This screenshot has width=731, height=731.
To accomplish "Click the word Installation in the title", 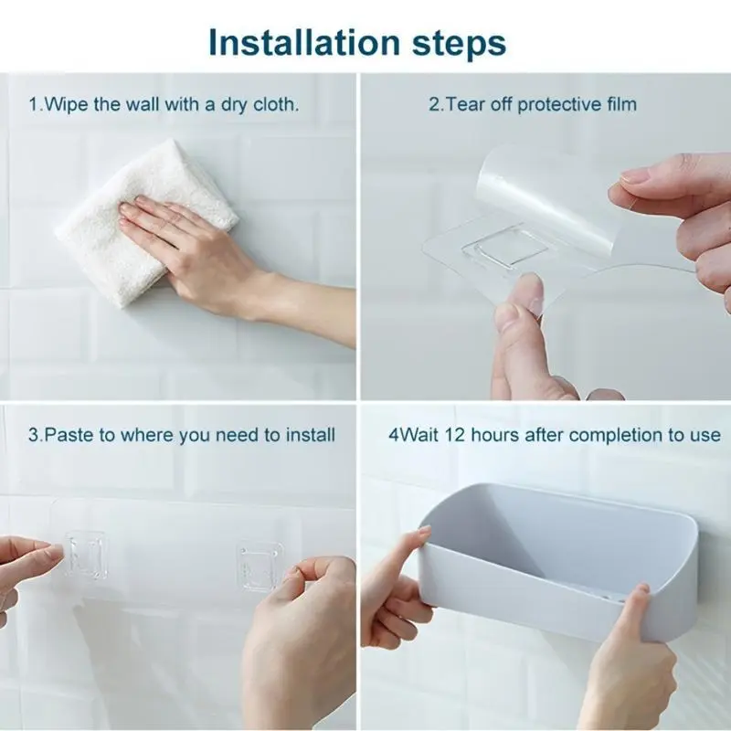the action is (304, 42).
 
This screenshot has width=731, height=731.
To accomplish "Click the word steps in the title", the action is (460, 45).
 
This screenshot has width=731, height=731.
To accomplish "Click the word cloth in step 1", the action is (276, 104).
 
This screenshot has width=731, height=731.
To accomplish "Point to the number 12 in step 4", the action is (454, 435).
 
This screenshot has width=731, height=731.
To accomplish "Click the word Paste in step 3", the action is (69, 435).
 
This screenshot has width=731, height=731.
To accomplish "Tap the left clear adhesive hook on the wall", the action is (84, 555).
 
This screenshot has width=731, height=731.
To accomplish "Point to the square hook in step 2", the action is (506, 246).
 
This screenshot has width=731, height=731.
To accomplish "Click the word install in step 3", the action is (311, 435).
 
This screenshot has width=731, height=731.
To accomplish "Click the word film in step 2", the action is (622, 104).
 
